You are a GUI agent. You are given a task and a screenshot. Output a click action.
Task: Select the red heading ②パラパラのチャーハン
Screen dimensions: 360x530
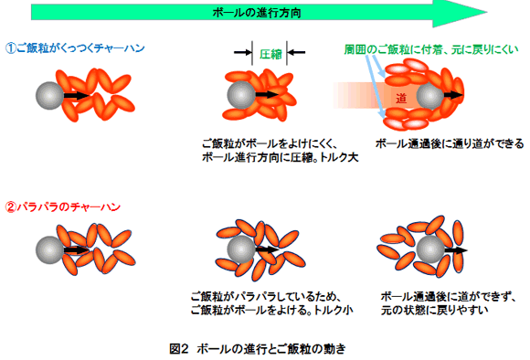click(x=62, y=207)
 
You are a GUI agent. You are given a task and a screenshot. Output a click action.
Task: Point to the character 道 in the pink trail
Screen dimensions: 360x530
click(x=401, y=97)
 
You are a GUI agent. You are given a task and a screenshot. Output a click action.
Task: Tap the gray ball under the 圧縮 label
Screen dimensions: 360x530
click(x=239, y=93)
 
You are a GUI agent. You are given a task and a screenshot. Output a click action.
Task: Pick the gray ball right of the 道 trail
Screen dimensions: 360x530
click(x=431, y=96)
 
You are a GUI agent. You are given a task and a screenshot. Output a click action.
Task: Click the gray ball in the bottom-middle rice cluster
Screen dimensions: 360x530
click(x=240, y=249)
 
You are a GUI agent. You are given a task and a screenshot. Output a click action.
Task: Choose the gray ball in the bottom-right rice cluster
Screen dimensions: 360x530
click(x=429, y=249)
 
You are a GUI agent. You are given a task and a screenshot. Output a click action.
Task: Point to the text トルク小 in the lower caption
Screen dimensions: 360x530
click(x=335, y=310)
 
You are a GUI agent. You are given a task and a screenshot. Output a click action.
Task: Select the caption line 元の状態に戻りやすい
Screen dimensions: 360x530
click(x=434, y=310)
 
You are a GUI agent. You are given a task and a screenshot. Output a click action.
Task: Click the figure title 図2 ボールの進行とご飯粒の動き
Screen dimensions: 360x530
click(x=261, y=347)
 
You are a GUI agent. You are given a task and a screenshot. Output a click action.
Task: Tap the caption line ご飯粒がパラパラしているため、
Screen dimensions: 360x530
click(x=266, y=296)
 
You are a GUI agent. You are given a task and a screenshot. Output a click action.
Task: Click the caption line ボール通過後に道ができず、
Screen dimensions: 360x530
click(x=444, y=296)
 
